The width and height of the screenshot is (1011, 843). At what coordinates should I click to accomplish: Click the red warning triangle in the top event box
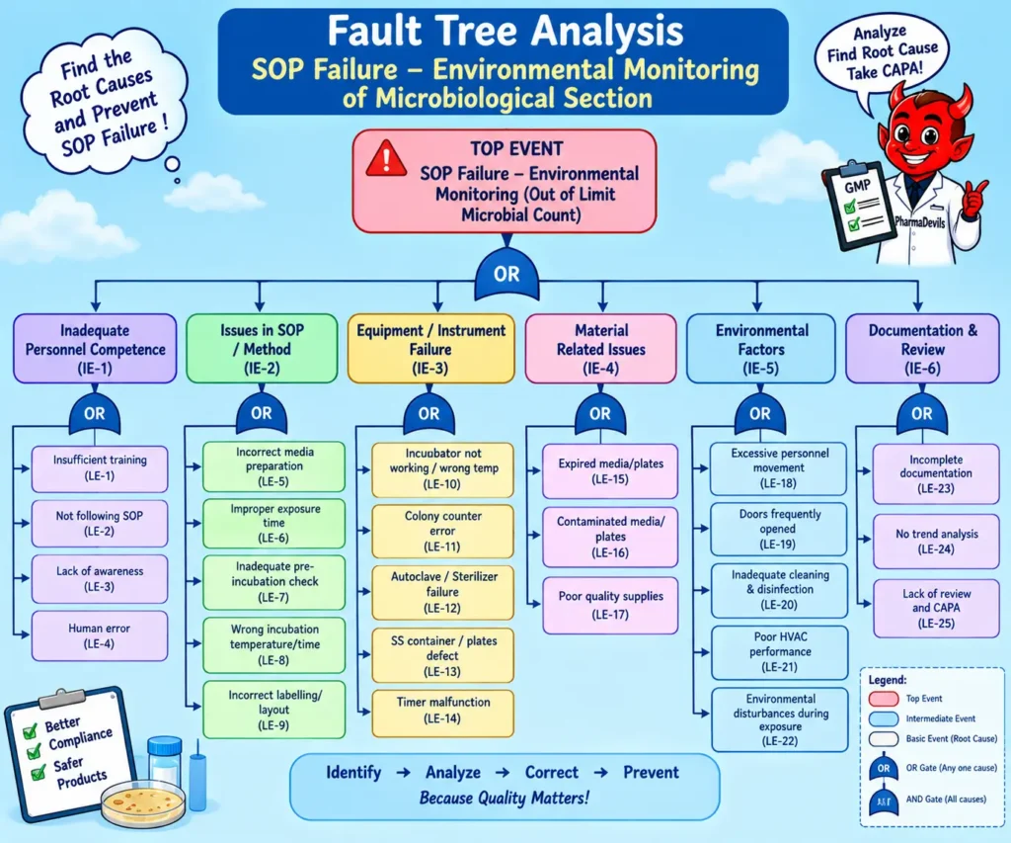click(x=386, y=159)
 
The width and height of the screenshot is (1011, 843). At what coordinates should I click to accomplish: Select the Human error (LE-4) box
click(x=100, y=635)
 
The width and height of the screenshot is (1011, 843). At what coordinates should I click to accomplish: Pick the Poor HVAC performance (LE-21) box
click(x=780, y=652)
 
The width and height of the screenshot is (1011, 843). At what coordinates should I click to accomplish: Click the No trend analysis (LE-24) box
click(x=936, y=541)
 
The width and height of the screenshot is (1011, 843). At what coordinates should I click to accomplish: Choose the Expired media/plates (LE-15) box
click(x=610, y=471)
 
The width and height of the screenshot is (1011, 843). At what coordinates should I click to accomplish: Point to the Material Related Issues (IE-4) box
click(x=601, y=349)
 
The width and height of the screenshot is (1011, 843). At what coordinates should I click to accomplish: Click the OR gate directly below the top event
click(x=506, y=275)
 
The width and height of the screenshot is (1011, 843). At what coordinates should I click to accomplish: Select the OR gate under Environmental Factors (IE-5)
click(x=760, y=413)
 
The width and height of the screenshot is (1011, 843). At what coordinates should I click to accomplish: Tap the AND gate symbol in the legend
click(x=884, y=800)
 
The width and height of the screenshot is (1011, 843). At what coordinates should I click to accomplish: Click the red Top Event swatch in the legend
click(x=884, y=699)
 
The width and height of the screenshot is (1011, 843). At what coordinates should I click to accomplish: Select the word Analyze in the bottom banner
click(x=452, y=772)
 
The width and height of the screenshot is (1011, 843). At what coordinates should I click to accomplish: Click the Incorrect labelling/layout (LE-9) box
click(x=274, y=710)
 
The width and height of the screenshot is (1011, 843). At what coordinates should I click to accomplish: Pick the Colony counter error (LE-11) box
click(x=443, y=532)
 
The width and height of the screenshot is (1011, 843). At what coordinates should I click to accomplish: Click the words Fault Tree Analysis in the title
click(x=505, y=31)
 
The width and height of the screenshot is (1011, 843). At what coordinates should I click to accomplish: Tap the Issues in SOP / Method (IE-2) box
click(x=262, y=349)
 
